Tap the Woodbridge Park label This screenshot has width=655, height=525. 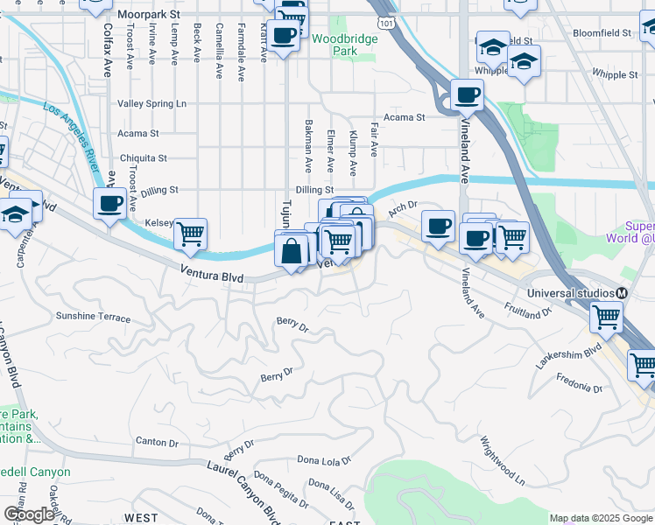pos(346,45)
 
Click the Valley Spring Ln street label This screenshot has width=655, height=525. pos(158,103)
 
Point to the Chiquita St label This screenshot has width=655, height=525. pos(143,158)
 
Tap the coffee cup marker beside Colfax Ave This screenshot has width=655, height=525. pos(109,205)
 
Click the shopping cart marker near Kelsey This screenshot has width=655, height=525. pos(190,234)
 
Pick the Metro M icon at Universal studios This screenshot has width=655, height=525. pos(621,293)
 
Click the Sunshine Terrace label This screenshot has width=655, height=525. pos(93,317)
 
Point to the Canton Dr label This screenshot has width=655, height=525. pos(158,442)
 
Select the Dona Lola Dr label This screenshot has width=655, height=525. pos(324,459)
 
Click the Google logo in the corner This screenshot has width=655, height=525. pos(29,514)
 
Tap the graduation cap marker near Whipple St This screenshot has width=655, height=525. pos(524,62)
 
